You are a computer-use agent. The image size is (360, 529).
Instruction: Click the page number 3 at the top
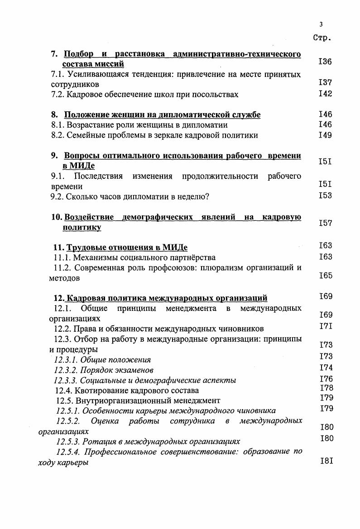point(321,24)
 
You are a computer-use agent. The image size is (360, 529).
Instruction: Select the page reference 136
point(325,62)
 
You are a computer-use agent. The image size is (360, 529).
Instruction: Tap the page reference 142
point(325,94)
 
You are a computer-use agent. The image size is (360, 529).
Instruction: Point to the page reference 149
point(325,135)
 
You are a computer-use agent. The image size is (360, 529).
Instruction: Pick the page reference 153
point(325,195)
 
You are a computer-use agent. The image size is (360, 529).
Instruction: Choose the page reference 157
point(325,223)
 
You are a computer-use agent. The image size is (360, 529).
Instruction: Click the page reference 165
point(325,275)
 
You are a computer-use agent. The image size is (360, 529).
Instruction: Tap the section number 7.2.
point(58,95)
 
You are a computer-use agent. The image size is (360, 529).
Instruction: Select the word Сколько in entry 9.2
point(81,196)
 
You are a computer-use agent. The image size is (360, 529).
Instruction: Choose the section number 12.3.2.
point(67,370)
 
